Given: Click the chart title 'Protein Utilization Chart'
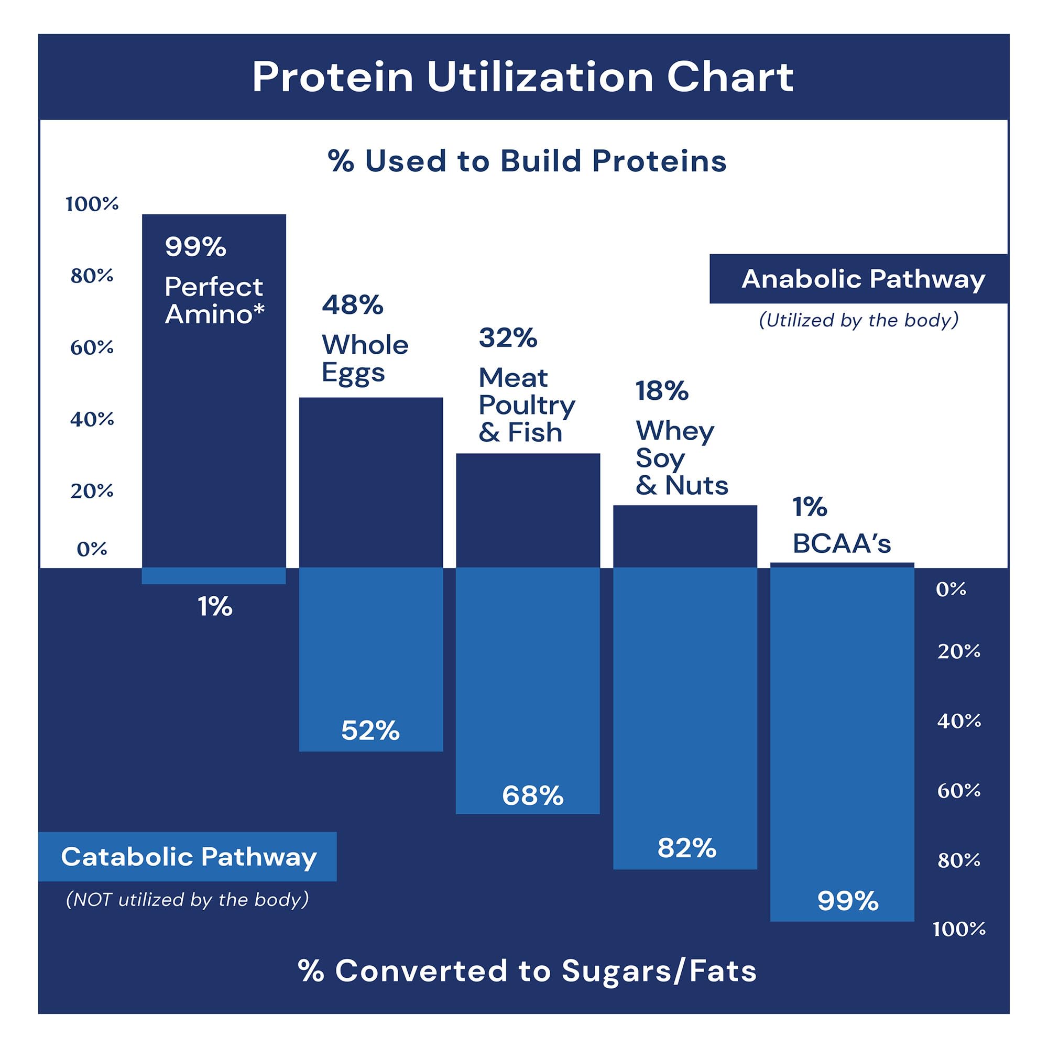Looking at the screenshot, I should [523, 77].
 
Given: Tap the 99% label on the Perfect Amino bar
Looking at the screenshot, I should [195, 247].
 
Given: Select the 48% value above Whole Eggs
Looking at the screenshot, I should [353, 305].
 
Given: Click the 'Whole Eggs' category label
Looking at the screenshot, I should [365, 358].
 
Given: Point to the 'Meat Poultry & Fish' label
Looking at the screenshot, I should [526, 405].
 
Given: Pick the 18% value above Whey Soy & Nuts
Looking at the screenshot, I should [662, 390].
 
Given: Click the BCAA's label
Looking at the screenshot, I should [842, 543].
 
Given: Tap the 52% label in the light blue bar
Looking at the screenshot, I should [370, 730].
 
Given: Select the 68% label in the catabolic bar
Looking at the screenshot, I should [533, 796].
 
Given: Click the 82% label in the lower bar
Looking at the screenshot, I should [687, 848].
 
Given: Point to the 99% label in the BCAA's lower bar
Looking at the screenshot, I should [847, 901].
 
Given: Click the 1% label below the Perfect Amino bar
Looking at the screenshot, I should [215, 606].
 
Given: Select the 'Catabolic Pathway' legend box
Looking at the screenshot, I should [188, 857].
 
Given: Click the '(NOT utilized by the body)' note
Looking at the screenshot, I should [187, 900].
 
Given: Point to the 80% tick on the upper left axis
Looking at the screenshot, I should [92, 276].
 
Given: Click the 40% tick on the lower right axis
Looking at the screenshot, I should [958, 721].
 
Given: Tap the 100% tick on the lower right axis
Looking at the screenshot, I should [958, 929].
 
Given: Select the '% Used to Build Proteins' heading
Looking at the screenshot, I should [527, 161].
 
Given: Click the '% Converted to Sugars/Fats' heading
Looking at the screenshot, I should [527, 970].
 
